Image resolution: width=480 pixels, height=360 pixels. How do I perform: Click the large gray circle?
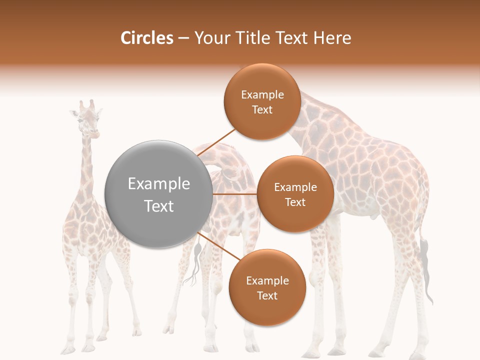[x=159, y=194]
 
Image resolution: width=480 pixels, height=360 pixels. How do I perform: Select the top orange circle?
[x=262, y=101]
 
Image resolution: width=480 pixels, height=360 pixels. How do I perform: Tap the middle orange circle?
[x=295, y=194]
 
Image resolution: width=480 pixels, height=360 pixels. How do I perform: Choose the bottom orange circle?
[x=267, y=287]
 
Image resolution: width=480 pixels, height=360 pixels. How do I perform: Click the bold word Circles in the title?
[x=146, y=38]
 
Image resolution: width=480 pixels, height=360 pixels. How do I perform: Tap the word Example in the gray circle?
[x=159, y=184]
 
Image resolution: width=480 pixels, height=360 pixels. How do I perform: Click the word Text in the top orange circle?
[x=262, y=110]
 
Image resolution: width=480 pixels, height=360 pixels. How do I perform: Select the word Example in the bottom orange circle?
[x=267, y=280]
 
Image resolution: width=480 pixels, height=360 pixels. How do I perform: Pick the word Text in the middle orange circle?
[x=295, y=202]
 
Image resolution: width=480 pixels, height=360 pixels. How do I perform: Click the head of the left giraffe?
[x=88, y=122]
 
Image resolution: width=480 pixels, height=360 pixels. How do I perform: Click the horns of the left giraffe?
[x=86, y=104]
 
